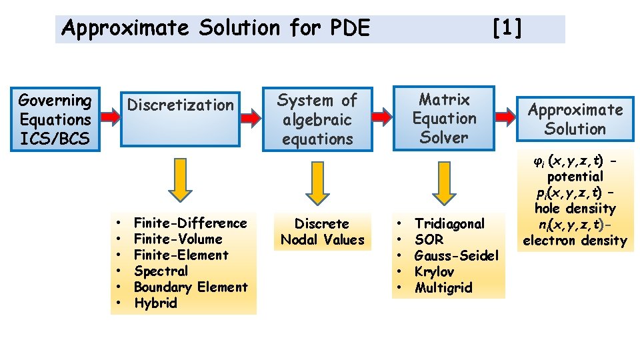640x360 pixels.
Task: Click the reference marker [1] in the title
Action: coord(507,29)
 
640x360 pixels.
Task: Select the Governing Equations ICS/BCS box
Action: coord(55,119)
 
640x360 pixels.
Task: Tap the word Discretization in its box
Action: coord(181,105)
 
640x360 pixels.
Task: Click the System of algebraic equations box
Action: coord(317,119)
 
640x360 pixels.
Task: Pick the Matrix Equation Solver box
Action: coord(444,119)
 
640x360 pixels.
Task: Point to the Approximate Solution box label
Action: coord(575,119)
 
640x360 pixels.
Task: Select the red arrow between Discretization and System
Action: coord(251,118)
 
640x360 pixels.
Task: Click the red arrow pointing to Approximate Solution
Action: coord(506,118)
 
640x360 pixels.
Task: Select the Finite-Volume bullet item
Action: coord(178,239)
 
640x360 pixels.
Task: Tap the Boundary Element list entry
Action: coord(191,287)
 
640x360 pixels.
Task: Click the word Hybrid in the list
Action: coord(155,303)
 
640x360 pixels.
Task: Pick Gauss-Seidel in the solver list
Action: coord(456,255)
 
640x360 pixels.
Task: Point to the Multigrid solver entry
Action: coord(443,288)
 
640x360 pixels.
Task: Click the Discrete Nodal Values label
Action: coord(322,231)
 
